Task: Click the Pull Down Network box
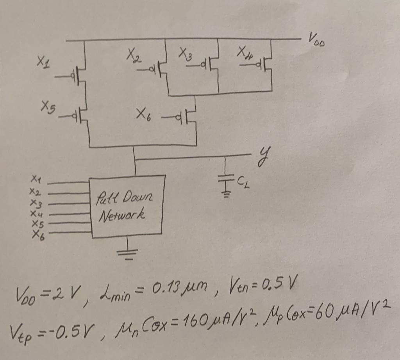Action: (x=126, y=207)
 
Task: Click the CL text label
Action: (x=243, y=180)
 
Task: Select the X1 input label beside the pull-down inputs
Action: (x=35, y=180)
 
